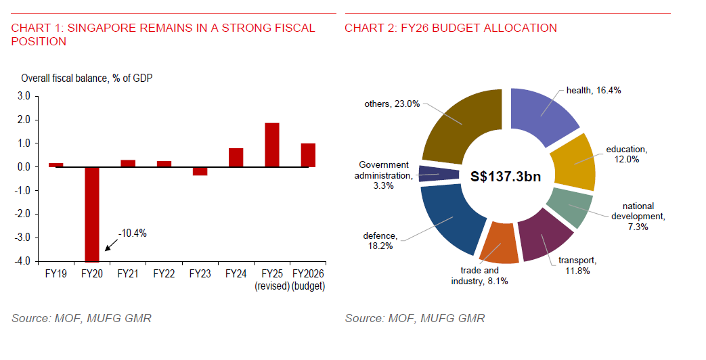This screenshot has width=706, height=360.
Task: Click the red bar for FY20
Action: tap(91, 214)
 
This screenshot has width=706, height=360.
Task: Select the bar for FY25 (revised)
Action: tap(272, 145)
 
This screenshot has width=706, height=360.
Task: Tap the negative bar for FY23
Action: tap(200, 171)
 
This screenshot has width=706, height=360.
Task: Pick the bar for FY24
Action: tap(236, 158)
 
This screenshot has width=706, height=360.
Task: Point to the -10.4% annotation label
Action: tap(132, 233)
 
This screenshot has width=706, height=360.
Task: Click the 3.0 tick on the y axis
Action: tap(23, 96)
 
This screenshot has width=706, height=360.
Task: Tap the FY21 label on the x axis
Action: tap(128, 274)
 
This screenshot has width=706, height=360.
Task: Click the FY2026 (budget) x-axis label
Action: tap(308, 279)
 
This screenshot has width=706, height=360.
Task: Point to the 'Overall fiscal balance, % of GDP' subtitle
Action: tap(87, 78)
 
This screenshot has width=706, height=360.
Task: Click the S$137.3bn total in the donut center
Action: tap(506, 176)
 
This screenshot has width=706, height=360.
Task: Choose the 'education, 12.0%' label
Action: tap(626, 154)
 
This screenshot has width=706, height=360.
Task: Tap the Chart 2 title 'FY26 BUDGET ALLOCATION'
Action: tap(451, 28)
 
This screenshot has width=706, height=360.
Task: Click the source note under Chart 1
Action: tap(81, 318)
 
